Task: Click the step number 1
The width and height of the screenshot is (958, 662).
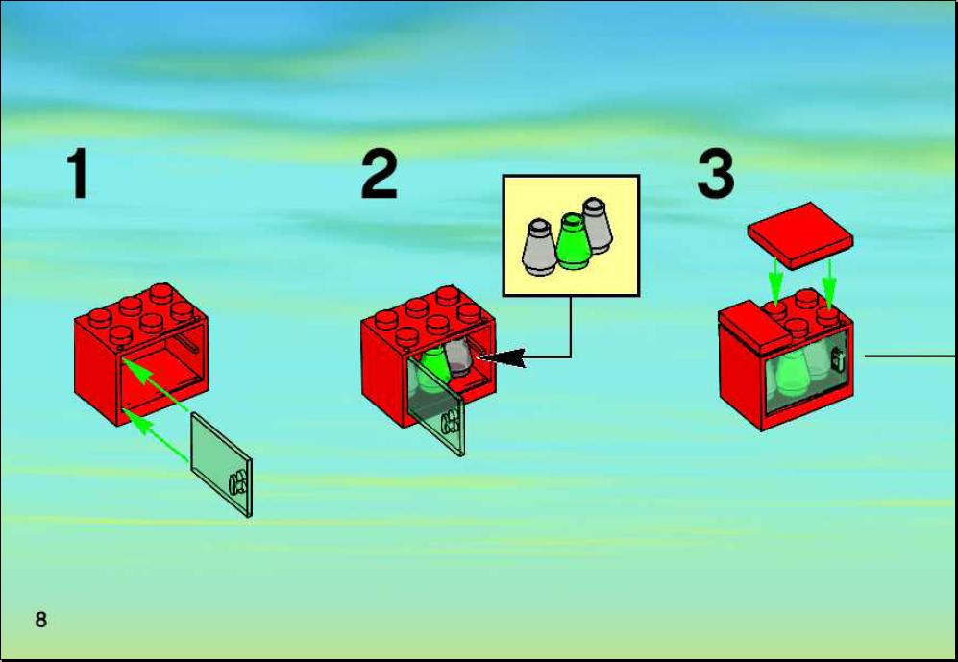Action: (x=79, y=173)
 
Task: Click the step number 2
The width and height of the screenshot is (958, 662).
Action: (x=380, y=174)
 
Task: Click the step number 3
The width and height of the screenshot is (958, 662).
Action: (x=716, y=174)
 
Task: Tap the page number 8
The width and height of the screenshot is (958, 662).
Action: (x=41, y=620)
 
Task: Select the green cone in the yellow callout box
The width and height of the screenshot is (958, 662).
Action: (x=572, y=242)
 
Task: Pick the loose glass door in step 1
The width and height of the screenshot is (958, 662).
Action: (x=221, y=464)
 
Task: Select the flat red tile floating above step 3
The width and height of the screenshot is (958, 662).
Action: (x=800, y=235)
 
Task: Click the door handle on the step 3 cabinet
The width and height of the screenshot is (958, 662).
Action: (x=838, y=360)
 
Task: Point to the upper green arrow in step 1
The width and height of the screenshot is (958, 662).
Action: (x=156, y=383)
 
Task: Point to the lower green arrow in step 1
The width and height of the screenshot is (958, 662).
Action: (x=156, y=435)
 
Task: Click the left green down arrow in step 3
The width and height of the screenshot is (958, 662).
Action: (x=775, y=281)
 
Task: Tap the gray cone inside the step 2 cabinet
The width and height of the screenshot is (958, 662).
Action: (x=457, y=356)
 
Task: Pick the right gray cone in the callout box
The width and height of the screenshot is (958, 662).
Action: (x=597, y=226)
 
